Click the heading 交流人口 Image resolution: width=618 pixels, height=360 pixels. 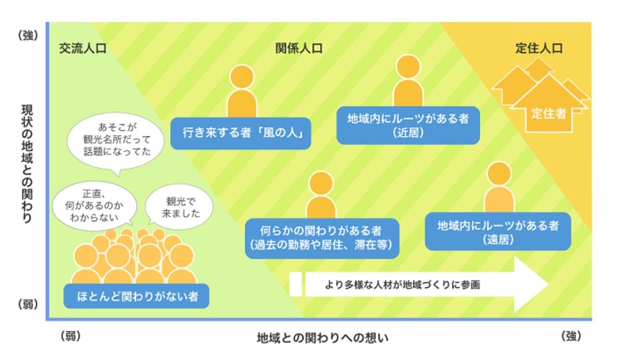coord(83,48)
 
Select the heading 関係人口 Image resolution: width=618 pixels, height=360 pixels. coord(299,48)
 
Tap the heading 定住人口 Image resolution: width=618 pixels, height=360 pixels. coord(539,48)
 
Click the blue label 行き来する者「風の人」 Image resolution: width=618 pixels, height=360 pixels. coord(241,133)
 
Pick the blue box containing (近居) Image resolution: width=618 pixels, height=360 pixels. coord(408,125)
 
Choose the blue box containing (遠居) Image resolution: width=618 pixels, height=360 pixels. coord(498,231)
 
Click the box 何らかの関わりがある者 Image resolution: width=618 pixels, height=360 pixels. coord(322,239)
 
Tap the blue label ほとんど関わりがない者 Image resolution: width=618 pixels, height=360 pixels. coord(137,296)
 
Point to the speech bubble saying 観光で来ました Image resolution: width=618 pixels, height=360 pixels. coord(179,207)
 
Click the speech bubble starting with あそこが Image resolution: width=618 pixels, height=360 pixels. coord(116,141)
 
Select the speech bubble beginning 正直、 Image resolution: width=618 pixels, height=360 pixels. coord(94,206)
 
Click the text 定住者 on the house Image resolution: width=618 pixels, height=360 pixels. coord(549,113)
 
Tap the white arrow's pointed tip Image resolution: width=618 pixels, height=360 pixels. coord(548,284)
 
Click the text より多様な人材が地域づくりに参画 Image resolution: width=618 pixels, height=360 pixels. coord(402,285)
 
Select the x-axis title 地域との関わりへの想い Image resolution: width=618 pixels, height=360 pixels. coord(323,337)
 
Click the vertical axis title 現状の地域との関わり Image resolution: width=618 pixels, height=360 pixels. coord(27,163)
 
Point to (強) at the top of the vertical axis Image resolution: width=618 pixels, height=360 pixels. coord(27,35)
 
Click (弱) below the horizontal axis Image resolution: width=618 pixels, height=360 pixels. coord(71,336)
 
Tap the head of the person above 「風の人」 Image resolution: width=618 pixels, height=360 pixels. coord(241,77)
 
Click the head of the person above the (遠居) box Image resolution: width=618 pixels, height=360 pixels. coord(499,173)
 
